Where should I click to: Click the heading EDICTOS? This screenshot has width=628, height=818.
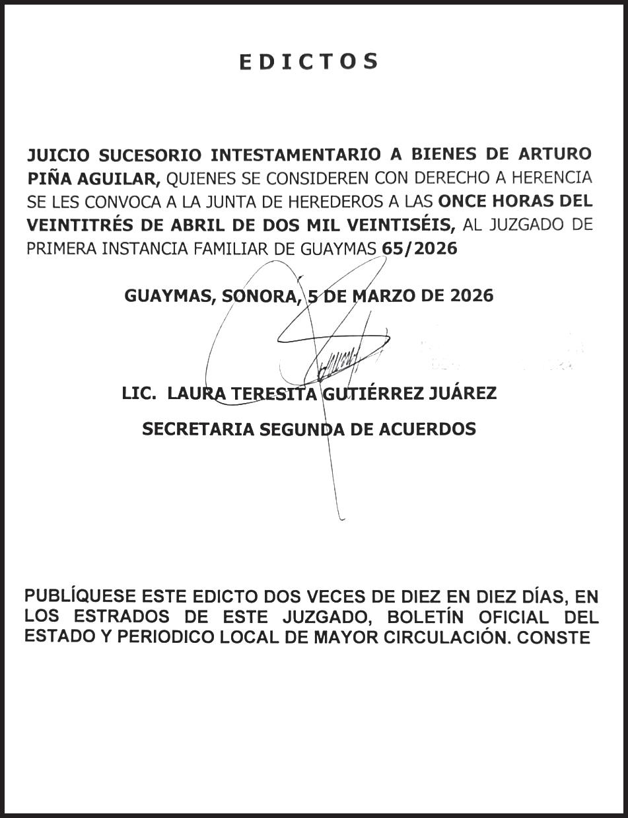pyautogui.click(x=308, y=61)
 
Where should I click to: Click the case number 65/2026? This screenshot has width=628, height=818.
pyautogui.click(x=420, y=248)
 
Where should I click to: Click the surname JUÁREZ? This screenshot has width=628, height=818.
pyautogui.click(x=462, y=394)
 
